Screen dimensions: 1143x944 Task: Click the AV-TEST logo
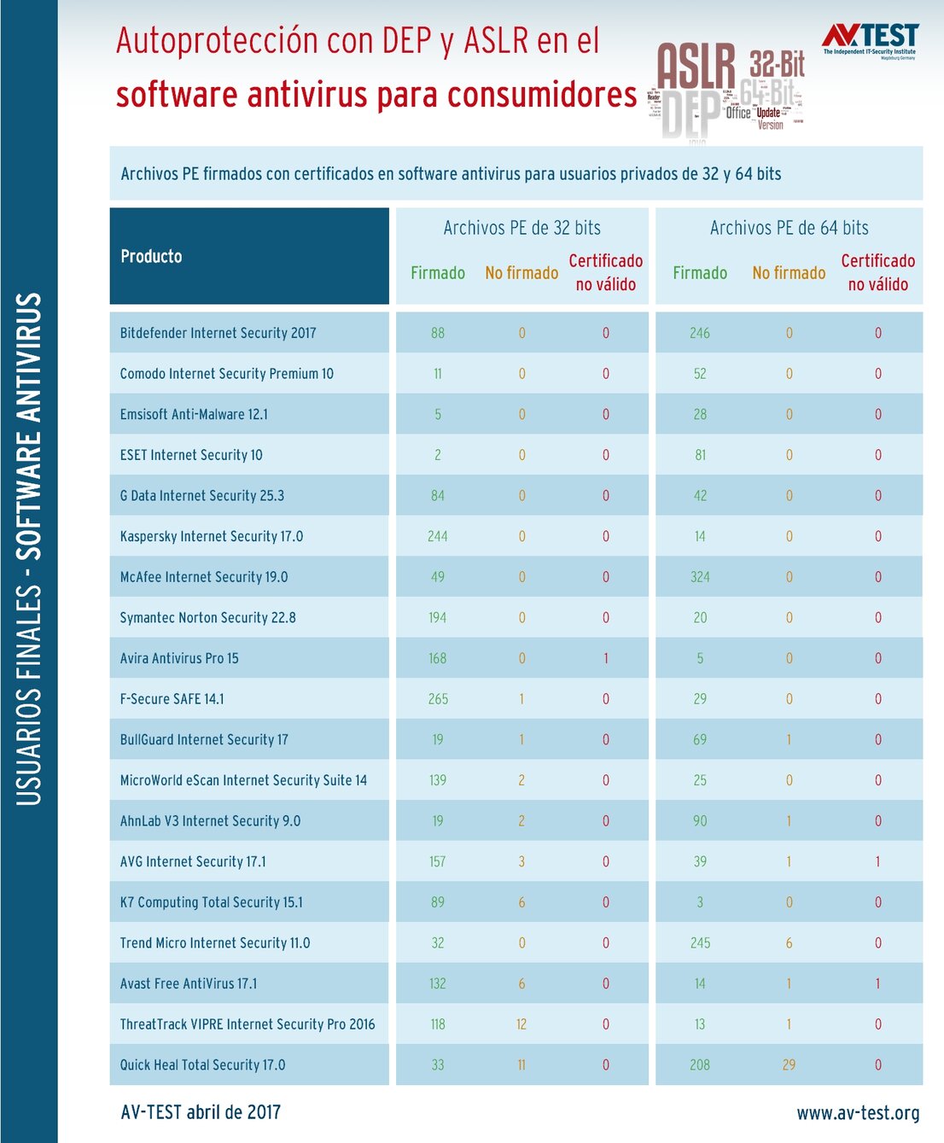click(x=870, y=38)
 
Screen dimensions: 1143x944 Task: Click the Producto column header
click(x=151, y=256)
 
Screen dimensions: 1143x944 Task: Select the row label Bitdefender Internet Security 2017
click(x=218, y=333)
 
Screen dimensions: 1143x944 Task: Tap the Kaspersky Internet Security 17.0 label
click(x=211, y=536)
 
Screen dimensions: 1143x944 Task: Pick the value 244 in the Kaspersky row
click(x=437, y=536)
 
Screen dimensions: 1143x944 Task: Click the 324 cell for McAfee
click(x=700, y=577)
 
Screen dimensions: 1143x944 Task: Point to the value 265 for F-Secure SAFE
click(x=438, y=699)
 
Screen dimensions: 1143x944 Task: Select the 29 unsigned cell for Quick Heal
click(x=789, y=1064)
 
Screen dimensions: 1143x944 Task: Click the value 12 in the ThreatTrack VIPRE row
click(x=522, y=1024)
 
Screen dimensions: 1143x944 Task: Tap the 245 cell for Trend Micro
click(x=700, y=943)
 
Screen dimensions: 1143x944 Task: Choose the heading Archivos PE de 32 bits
click(x=522, y=228)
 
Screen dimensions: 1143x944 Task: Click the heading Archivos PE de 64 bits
click(x=789, y=228)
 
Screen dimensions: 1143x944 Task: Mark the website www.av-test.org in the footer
click(x=858, y=1113)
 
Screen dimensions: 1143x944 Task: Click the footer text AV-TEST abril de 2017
click(x=201, y=1112)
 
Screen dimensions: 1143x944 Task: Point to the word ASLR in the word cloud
click(x=696, y=67)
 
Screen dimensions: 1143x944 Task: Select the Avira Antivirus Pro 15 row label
click(x=179, y=658)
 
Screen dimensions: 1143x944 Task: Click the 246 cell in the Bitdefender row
click(x=700, y=333)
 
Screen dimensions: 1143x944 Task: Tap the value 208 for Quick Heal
click(x=700, y=1064)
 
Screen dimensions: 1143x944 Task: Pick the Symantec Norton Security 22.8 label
click(x=207, y=617)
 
